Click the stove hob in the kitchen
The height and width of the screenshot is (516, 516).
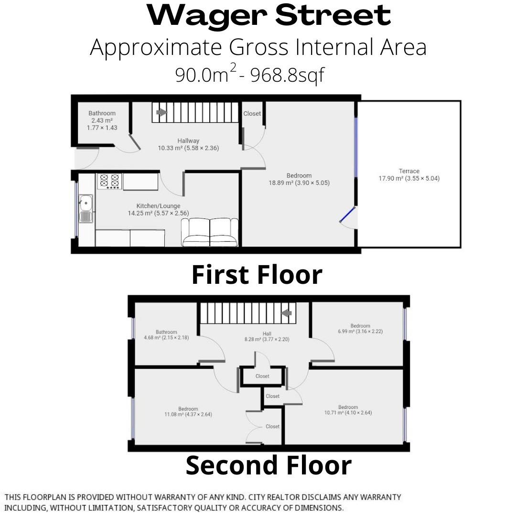pos(109,181)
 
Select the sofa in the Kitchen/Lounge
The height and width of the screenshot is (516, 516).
pos(210,232)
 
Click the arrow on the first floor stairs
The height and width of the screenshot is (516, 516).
pos(161,113)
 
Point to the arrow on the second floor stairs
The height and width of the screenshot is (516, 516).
pos(286,313)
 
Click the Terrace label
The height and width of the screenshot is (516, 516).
pos(409,175)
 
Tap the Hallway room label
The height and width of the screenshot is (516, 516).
pos(188,144)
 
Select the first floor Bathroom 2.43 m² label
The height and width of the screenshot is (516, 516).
pos(102,120)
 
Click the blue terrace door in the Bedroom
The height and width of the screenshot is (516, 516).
pos(347,215)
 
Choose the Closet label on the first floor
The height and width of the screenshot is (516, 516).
pos(252,114)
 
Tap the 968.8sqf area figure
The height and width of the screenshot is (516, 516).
pos(288,75)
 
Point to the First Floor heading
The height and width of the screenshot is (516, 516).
pos(257,275)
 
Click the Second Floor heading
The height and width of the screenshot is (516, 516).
pos(269,465)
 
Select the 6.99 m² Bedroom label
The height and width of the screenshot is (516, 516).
pos(360,328)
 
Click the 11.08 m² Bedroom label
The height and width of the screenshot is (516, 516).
pos(188,412)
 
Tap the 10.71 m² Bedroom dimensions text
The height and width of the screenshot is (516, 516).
pos(348,413)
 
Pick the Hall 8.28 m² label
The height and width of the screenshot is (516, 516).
pos(267,336)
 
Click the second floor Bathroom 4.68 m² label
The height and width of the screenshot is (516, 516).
pos(167,334)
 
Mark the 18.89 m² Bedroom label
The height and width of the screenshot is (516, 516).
pos(299,179)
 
